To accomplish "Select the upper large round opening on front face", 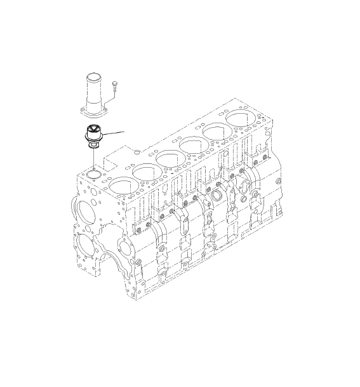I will point(84,210).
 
